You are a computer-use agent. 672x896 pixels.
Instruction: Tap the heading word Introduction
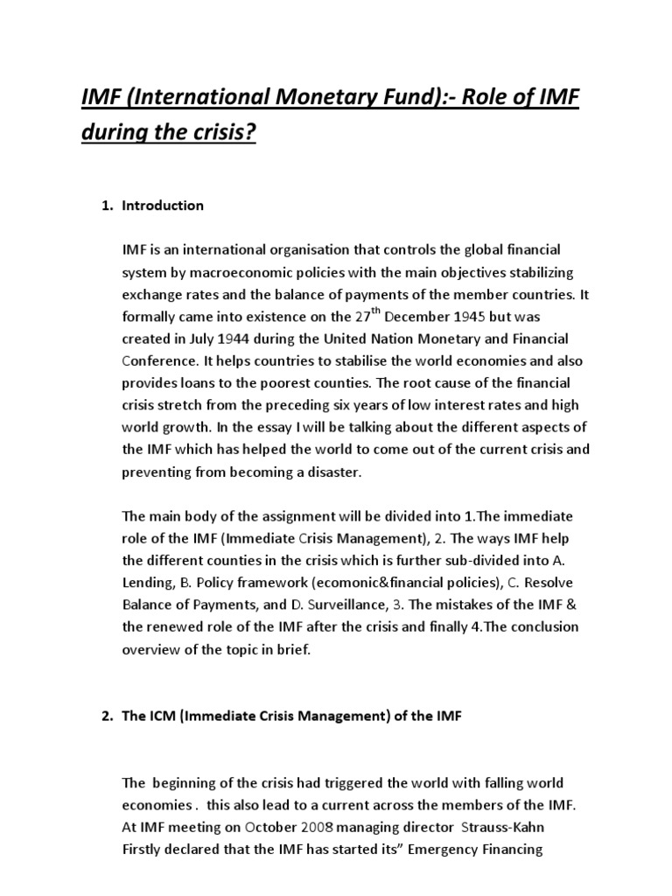163,206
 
